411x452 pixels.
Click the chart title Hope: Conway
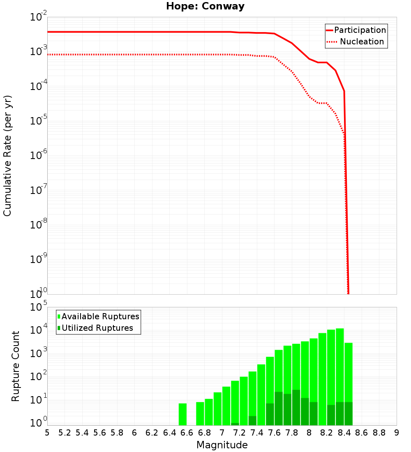click(x=205, y=6)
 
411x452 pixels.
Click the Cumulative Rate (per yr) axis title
click(x=7, y=156)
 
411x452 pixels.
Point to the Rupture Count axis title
click(x=16, y=366)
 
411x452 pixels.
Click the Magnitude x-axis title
click(x=222, y=445)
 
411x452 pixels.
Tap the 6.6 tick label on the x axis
click(x=187, y=433)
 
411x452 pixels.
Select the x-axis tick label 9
click(x=397, y=433)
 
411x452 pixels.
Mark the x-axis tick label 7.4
click(x=257, y=433)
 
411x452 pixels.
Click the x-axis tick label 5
click(x=47, y=433)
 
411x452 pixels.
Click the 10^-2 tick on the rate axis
click(x=39, y=17)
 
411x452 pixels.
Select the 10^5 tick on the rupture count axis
click(x=39, y=307)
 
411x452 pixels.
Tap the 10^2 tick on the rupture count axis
click(x=39, y=377)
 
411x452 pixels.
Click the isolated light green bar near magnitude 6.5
click(x=182, y=414)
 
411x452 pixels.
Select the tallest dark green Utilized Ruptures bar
click(x=296, y=407)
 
